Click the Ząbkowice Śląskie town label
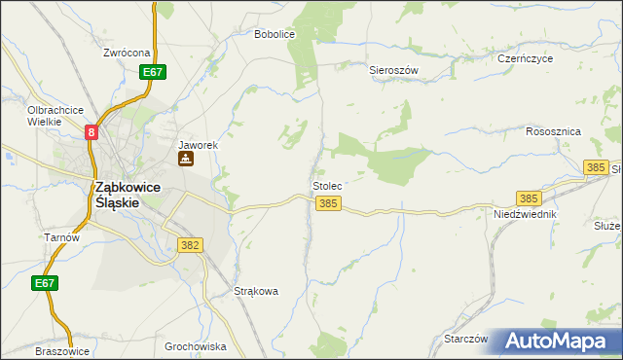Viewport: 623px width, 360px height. coord(116,195)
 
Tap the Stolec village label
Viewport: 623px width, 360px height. coord(326,185)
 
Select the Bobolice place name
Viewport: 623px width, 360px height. coord(274,34)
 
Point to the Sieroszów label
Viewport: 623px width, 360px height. coord(393,70)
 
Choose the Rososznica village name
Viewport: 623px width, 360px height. coord(553,131)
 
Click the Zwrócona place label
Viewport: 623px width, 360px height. coord(127,53)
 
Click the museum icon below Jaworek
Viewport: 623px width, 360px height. coord(184,159)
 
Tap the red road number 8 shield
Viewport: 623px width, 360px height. coord(92,132)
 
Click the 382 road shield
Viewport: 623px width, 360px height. coord(190,245)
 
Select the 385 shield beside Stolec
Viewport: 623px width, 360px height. coord(328,203)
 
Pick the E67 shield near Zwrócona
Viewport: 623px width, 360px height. coord(152,72)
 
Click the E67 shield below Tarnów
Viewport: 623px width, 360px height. coord(42,283)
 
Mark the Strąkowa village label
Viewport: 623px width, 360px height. coord(257,291)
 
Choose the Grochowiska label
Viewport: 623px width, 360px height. coord(196,346)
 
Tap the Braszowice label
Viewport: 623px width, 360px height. coord(61,351)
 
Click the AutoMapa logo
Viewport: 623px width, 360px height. coord(558,341)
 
